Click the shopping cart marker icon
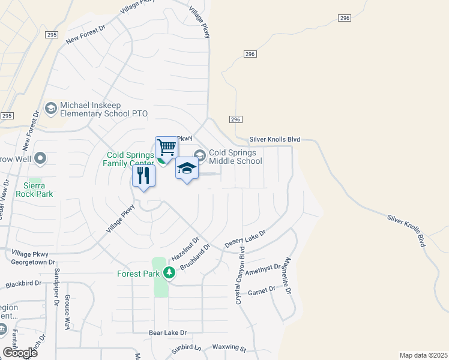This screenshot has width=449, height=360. [x=166, y=146]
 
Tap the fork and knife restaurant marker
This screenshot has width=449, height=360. [x=143, y=175]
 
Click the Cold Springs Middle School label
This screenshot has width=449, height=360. [x=235, y=157]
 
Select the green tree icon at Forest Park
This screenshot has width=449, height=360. [x=170, y=274]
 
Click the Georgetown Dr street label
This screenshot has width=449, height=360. [x=33, y=262]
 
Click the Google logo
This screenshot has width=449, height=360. [x=20, y=352]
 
